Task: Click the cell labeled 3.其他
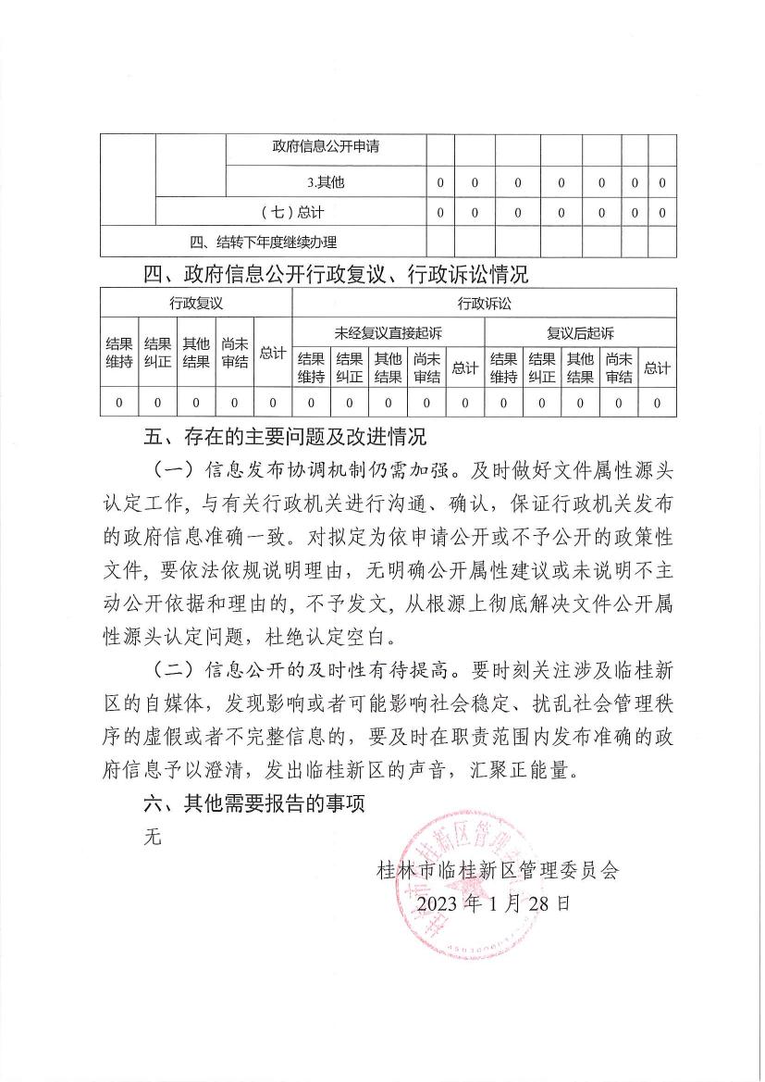pyautogui.click(x=326, y=182)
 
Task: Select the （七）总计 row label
pyautogui.click(x=290, y=212)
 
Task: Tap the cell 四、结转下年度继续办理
pyautogui.click(x=263, y=243)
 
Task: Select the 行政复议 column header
pyautogui.click(x=196, y=303)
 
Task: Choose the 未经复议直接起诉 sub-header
pyautogui.click(x=388, y=332)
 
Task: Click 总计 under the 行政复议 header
pyautogui.click(x=272, y=353)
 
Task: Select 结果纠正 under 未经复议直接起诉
pyautogui.click(x=349, y=367)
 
